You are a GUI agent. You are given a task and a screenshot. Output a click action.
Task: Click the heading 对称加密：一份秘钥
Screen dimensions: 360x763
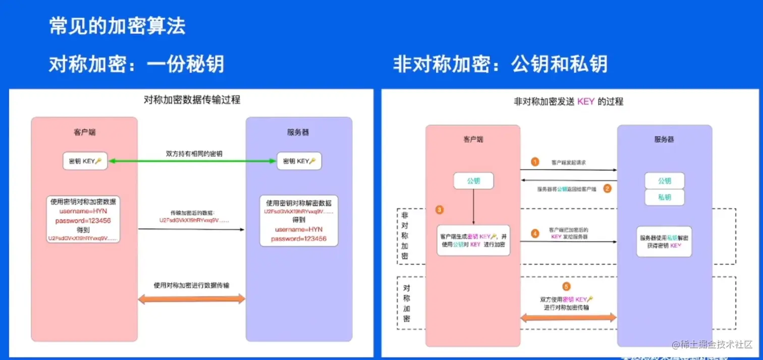point(136,64)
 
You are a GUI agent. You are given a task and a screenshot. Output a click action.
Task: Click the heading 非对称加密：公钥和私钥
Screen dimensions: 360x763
point(500,64)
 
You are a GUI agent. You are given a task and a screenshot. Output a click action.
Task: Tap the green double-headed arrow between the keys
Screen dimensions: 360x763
point(192,161)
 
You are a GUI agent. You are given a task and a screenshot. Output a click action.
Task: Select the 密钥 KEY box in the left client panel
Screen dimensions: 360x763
point(85,161)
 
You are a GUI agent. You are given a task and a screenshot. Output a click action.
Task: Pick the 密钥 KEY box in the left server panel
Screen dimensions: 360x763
point(299,161)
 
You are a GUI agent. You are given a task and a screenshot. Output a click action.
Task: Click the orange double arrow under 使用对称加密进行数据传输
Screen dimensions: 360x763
point(192,299)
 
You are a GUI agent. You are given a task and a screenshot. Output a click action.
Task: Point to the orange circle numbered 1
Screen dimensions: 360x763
point(535,162)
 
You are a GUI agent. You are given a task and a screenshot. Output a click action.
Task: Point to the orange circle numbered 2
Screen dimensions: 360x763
point(608,188)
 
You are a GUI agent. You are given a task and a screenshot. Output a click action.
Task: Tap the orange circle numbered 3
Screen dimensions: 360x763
point(440,209)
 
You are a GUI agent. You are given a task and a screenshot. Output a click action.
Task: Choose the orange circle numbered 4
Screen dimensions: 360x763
point(535,234)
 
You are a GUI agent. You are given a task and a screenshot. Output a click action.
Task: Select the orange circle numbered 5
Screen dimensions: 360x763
point(566,287)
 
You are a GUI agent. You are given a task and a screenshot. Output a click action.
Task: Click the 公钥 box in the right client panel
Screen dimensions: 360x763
point(473,181)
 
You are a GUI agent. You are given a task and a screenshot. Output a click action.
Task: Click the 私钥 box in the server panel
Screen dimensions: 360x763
point(665,197)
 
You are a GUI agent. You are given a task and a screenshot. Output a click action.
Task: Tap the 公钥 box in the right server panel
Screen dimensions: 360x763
point(665,181)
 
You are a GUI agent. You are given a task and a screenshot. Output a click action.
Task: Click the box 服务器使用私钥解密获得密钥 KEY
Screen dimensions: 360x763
point(664,241)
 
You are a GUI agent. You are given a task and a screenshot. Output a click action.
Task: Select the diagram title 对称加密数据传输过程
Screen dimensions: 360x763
point(192,100)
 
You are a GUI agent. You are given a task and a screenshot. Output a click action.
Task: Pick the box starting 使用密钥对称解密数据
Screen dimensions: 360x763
point(299,221)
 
